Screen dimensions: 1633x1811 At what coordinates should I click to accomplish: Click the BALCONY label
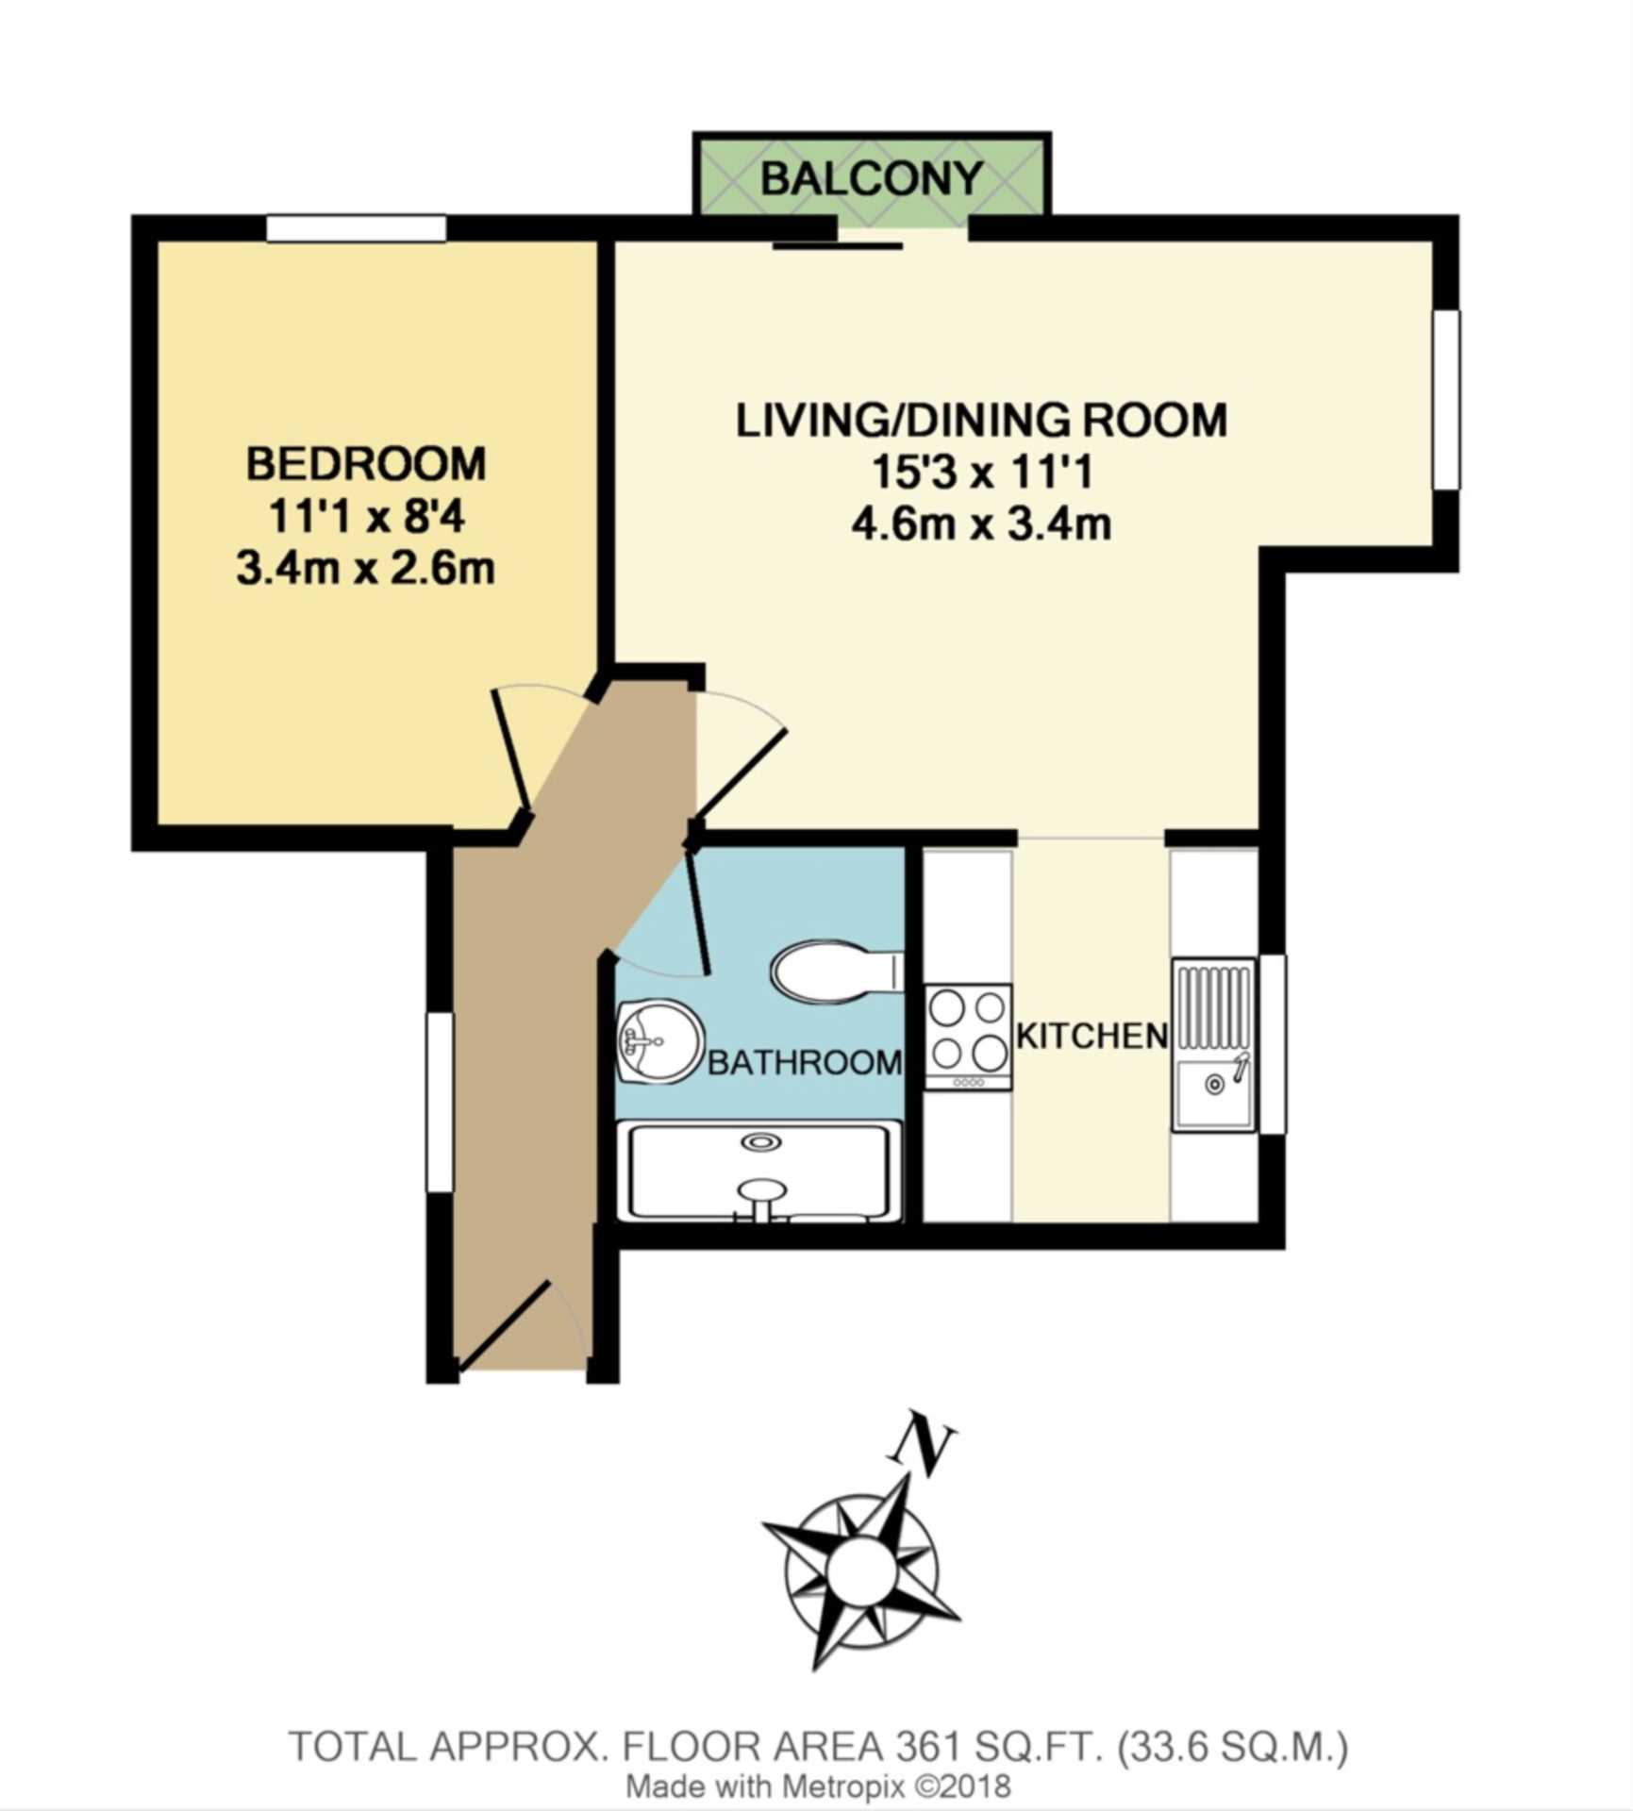tap(871, 178)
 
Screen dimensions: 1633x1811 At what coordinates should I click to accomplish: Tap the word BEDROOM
tap(366, 464)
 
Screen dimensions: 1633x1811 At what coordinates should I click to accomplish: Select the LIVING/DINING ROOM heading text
tap(981, 420)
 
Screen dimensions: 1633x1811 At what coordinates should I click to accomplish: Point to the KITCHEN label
tap(1091, 1036)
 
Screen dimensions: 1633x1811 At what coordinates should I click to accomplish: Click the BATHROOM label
tap(805, 1063)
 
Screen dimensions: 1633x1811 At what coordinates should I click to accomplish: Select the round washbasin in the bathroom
tap(659, 1041)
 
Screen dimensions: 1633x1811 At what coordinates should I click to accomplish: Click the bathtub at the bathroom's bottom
tap(758, 1171)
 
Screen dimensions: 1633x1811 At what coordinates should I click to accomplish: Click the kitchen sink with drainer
tap(1214, 1044)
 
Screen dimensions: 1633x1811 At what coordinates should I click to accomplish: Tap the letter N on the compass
tap(922, 1446)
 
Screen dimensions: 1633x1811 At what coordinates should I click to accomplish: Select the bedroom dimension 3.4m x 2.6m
tap(365, 569)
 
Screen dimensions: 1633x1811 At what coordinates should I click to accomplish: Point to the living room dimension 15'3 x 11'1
tap(981, 472)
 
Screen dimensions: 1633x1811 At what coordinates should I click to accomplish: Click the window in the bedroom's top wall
tap(356, 228)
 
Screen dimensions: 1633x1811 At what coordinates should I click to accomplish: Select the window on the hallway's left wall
tap(440, 1102)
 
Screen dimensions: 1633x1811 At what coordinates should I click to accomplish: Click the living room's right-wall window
tap(1446, 400)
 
